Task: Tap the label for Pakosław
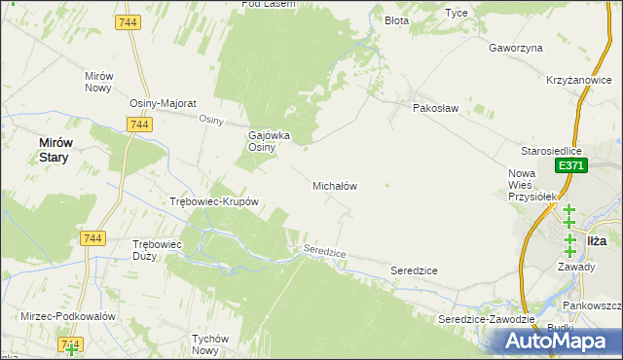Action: [435, 109]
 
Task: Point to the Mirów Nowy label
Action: [100, 82]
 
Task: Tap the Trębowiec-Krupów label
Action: [213, 202]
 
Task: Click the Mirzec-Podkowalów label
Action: [68, 316]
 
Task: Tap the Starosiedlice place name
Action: [551, 151]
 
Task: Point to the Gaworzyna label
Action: [516, 47]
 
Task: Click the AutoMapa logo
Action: [561, 341]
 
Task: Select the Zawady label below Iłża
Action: [576, 265]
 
